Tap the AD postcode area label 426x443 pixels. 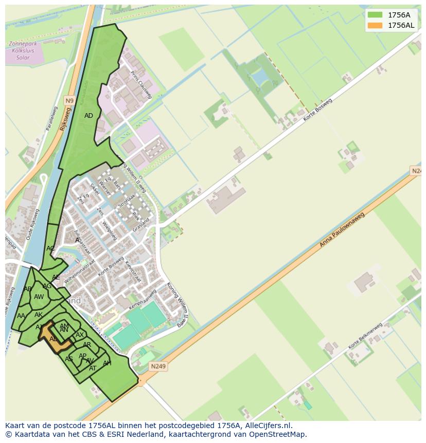88,116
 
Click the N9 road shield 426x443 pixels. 69,100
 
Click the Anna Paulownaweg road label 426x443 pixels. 342,229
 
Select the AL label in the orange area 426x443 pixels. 53,339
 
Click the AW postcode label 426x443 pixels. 39,297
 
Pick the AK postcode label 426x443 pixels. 39,315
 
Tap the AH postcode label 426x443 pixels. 107,363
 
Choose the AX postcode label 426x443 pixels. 80,335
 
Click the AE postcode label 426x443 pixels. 56,277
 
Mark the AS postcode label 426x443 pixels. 68,359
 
